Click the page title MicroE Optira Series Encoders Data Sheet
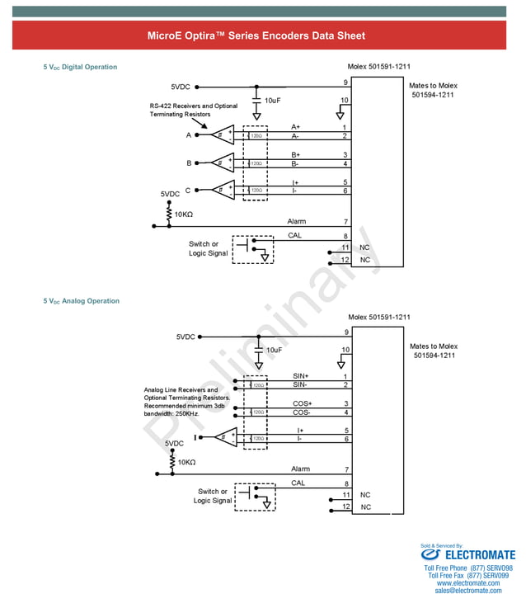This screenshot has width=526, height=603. click(x=256, y=35)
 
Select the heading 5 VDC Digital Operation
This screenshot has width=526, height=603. click(x=80, y=67)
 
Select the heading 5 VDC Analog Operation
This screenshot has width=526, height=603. click(x=81, y=301)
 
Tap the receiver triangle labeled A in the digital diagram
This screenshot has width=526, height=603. click(x=223, y=135)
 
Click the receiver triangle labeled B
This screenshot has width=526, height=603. click(x=223, y=163)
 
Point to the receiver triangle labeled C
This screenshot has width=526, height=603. click(x=223, y=190)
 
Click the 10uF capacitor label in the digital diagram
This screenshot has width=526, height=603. click(x=274, y=100)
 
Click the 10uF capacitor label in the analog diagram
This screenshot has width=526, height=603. click(x=275, y=350)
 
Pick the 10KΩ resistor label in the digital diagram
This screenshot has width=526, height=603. click(x=183, y=214)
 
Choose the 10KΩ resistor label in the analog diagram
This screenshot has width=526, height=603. click(x=186, y=462)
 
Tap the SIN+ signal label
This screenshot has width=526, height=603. click(x=301, y=376)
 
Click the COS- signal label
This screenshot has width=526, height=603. click(x=301, y=412)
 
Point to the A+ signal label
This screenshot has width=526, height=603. click(x=296, y=127)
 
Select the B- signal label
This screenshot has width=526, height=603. click(x=295, y=163)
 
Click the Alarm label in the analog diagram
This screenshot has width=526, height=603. click(x=300, y=469)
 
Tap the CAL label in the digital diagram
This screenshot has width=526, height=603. click(x=294, y=235)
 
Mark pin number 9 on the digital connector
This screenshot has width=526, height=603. click(x=345, y=82)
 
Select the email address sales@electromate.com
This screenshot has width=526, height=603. click(x=467, y=591)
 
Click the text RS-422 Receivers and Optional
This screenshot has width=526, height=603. click(x=193, y=106)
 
